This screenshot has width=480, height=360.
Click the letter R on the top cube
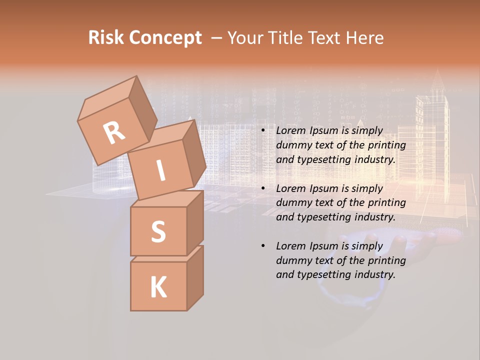(114, 132)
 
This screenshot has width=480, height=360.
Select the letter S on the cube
(158, 231)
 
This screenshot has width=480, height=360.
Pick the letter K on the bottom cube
(158, 287)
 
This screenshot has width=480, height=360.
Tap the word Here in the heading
(363, 38)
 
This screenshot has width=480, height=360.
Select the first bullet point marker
(263, 131)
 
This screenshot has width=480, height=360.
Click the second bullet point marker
(263, 188)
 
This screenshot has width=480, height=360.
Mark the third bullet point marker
(263, 246)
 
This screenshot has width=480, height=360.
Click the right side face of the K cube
(195, 277)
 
